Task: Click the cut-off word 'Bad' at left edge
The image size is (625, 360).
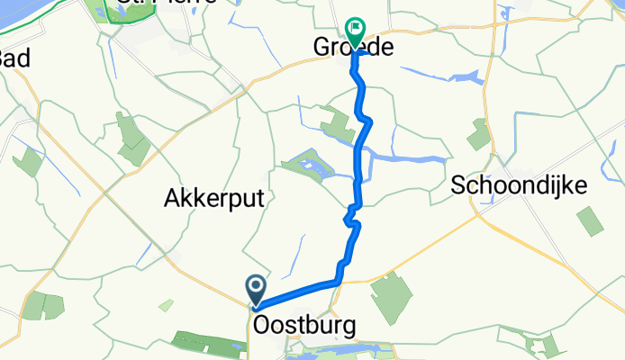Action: tap(14, 59)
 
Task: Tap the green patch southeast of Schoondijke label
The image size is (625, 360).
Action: tap(589, 220)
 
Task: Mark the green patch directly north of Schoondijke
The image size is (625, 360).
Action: tap(478, 134)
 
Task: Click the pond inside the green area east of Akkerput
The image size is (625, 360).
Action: tap(312, 167)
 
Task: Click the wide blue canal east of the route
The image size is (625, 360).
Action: tap(410, 158)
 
